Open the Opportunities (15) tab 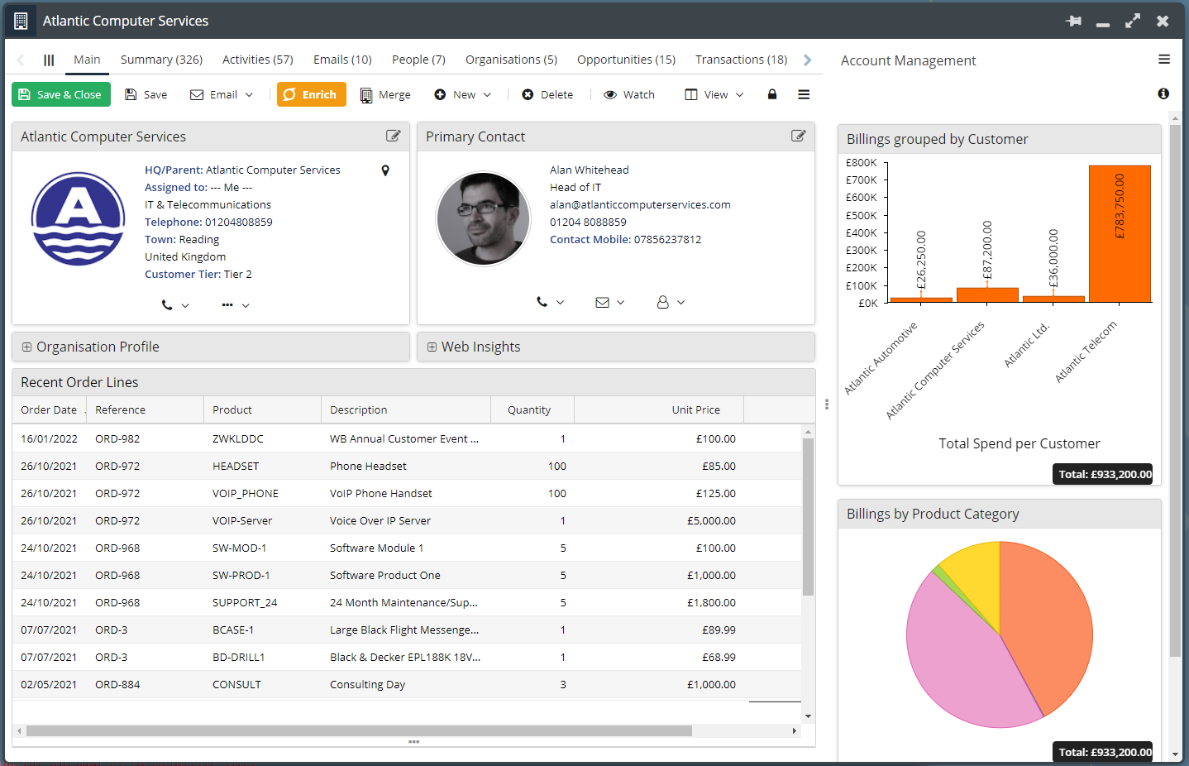pos(626,60)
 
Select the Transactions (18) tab pos(741,60)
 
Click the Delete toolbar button pos(547,94)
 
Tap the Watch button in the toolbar pos(629,94)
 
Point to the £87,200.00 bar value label pos(986,250)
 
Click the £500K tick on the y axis pos(862,215)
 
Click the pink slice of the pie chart pos(959,653)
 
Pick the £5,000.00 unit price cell pos(711,521)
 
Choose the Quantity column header pos(529,409)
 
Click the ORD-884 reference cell pos(117,685)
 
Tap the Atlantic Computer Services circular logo pos(79,218)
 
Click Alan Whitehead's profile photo pos(483,218)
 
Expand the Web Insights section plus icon pos(432,347)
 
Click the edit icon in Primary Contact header pos(798,136)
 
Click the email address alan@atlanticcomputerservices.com pos(640,205)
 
